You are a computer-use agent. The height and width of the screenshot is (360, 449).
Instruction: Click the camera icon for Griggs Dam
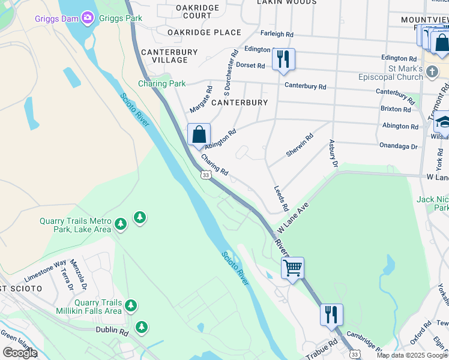(88, 17)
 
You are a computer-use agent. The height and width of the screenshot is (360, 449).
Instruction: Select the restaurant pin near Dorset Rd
(283, 59)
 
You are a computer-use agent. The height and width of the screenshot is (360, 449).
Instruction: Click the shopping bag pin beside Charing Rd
(199, 134)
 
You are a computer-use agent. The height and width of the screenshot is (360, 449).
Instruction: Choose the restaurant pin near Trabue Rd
(331, 314)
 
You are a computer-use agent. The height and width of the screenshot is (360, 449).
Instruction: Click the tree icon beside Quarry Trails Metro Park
(140, 217)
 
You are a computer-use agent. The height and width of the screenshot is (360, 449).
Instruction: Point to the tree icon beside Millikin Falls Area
(130, 307)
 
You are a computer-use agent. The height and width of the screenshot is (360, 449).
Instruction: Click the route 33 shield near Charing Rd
(206, 175)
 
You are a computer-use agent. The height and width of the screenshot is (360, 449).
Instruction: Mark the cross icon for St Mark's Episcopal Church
(433, 73)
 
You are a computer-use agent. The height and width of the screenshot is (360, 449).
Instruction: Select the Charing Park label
(162, 83)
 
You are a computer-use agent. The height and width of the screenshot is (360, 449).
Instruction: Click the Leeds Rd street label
(280, 198)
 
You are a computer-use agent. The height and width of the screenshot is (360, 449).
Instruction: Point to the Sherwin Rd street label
(300, 145)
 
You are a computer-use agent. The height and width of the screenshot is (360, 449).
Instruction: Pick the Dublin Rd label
(113, 329)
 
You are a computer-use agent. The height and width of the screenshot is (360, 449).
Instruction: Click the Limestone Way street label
(45, 271)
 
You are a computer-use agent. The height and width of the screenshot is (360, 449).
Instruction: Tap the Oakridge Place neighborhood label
(204, 32)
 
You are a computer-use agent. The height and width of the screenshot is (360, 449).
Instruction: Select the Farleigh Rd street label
(277, 35)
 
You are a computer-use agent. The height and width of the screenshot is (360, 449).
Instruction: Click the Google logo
(20, 353)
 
